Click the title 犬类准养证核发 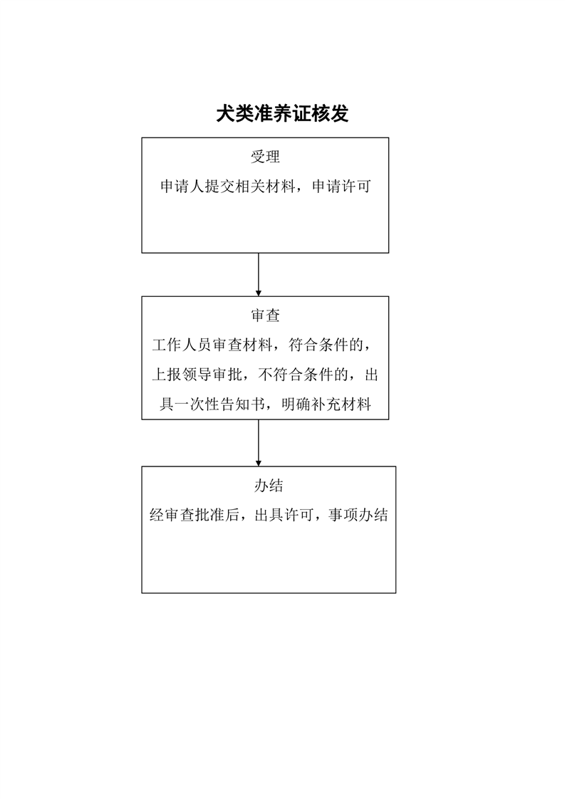(282, 114)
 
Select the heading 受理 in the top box (265, 157)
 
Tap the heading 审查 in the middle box (265, 315)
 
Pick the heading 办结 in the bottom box (269, 486)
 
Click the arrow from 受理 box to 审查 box (258, 274)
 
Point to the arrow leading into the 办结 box (258, 442)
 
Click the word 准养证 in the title (283, 114)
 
